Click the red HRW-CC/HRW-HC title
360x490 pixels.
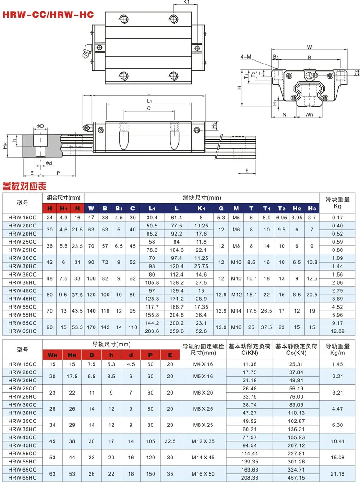[48, 14]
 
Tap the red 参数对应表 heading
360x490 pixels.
[24, 186]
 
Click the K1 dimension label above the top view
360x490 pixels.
[186, 2]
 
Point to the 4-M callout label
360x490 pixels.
[246, 57]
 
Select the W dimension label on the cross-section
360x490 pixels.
[310, 47]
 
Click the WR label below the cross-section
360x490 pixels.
[309, 115]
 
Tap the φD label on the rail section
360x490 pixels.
[40, 126]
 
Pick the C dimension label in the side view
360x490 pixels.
[148, 109]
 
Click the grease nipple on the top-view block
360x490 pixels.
[87, 51]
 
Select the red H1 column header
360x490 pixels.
[63, 209]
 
